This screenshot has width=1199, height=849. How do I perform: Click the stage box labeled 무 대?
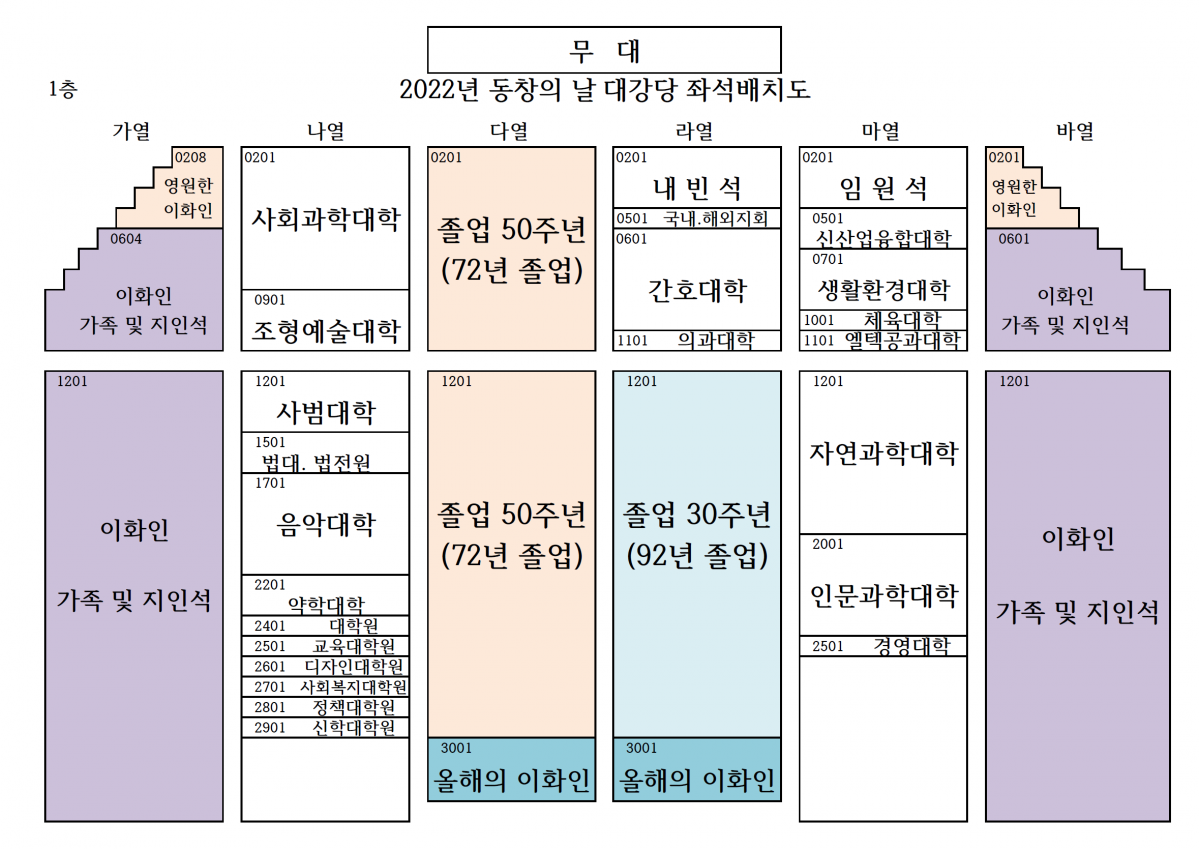point(603,50)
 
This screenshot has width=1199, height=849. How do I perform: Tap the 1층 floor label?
point(63,89)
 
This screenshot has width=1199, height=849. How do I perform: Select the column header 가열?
point(131,131)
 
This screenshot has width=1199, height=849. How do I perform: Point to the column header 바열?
point(1075,131)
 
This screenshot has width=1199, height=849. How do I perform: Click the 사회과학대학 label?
point(326,219)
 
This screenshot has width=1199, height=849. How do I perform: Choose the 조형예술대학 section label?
point(326,330)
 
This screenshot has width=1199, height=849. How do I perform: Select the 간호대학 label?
point(697,291)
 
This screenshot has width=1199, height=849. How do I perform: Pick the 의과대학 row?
point(697,340)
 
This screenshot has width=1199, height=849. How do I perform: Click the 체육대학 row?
point(883,320)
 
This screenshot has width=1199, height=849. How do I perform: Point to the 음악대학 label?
point(326,524)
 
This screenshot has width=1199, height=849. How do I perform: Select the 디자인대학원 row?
point(325,667)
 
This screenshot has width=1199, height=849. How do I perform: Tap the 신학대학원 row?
point(325,728)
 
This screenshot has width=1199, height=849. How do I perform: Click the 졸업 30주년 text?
point(697,514)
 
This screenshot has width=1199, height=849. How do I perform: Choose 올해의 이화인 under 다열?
point(512,780)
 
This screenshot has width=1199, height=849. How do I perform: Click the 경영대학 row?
point(883,646)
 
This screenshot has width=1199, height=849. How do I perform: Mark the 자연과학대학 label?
point(883,453)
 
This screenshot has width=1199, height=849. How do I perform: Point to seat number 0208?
point(190,157)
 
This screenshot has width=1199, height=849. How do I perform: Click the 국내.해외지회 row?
point(697,219)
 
